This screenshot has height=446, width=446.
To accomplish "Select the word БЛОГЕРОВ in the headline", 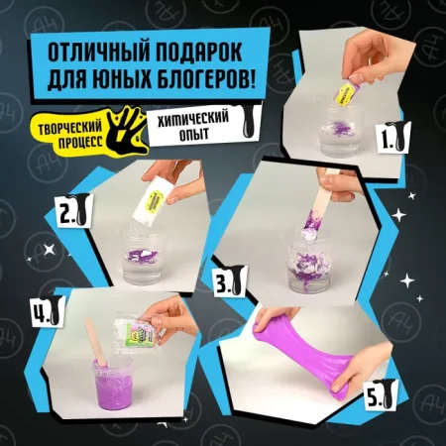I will point(208,81).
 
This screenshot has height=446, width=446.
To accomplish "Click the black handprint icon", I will point(120,128).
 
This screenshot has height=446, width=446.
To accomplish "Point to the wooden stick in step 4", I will point(90,342).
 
